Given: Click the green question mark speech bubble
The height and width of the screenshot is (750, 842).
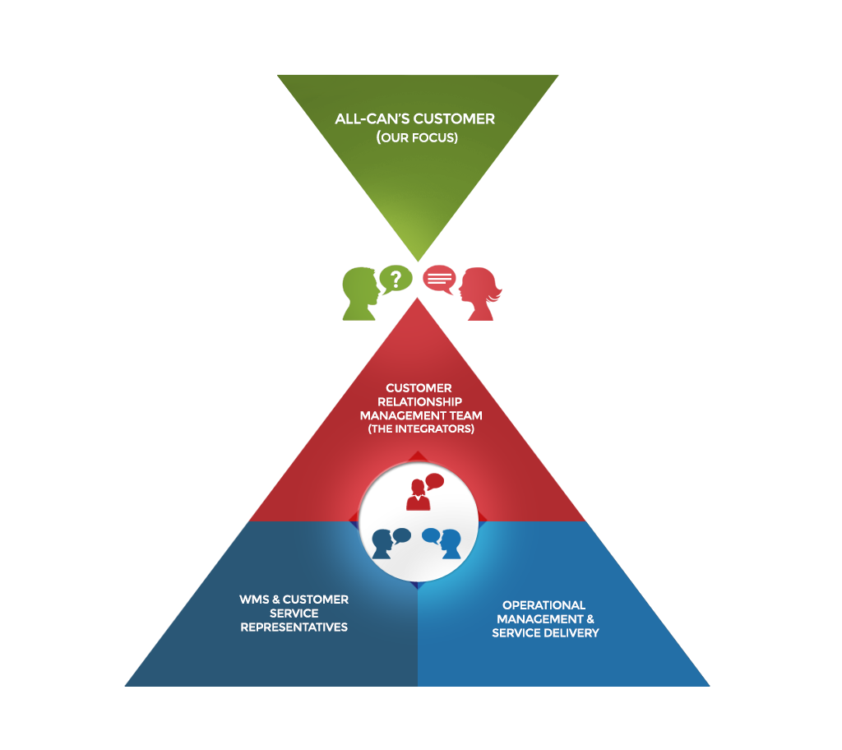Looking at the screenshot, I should tap(396, 278).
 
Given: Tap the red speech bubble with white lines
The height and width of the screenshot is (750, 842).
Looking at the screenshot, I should tap(439, 278).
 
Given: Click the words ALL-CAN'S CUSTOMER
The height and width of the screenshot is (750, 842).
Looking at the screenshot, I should tap(415, 118).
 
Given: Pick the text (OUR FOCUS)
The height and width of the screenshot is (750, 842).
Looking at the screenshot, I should tap(417, 137).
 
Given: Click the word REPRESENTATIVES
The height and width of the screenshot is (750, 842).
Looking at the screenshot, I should tap(294, 627).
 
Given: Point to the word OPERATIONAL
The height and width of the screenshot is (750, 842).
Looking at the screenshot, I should tap(544, 605).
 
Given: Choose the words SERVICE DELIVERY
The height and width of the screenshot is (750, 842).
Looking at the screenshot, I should tap(545, 633).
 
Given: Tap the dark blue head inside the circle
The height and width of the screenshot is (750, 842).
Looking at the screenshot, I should tap(382, 544).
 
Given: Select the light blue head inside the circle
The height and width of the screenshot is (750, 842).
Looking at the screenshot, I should tap(450, 544).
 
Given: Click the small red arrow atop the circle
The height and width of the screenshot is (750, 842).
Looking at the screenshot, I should tap(418, 456).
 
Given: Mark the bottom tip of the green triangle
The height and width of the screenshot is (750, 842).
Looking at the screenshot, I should tap(418, 260).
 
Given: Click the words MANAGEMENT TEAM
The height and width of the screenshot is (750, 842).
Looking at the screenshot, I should tap(420, 416).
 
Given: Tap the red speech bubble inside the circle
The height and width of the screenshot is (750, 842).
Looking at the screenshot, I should tap(433, 482).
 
